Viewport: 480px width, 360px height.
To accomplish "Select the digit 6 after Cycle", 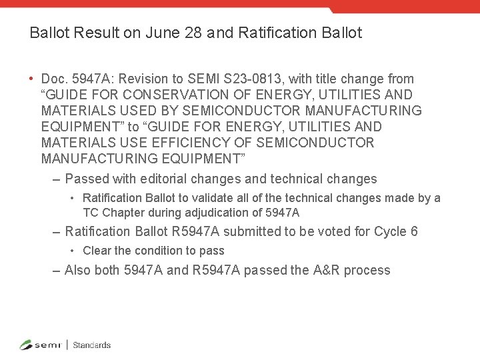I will pyautogui.click(x=414, y=232).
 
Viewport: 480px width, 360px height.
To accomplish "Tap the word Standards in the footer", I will pyautogui.click(x=91, y=345).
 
